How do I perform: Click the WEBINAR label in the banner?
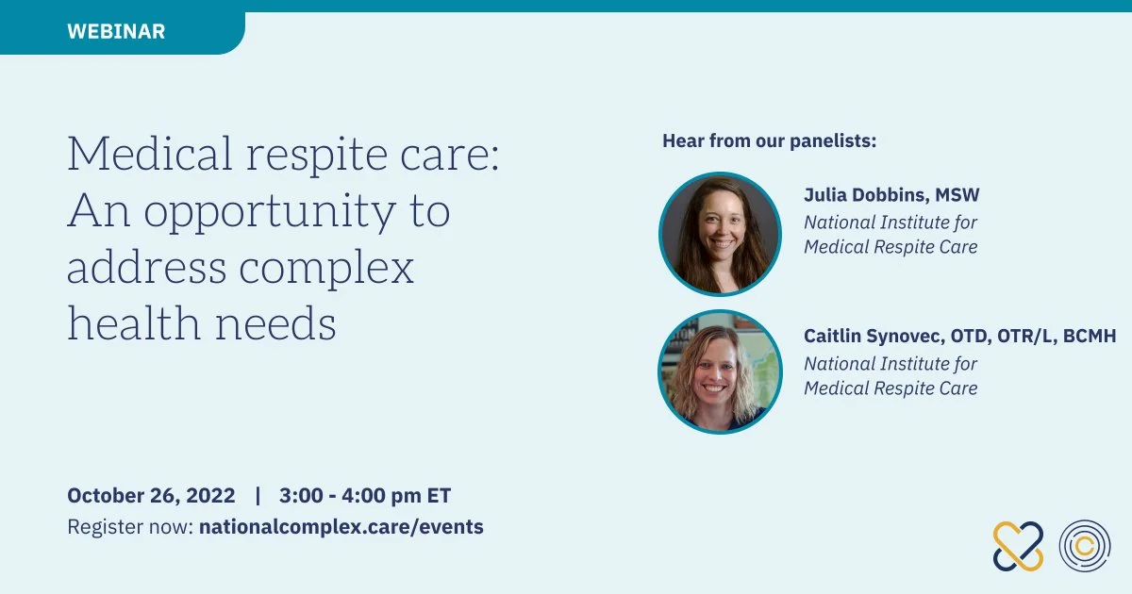coord(116,31)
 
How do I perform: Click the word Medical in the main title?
coord(150,153)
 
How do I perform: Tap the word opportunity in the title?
coord(271,212)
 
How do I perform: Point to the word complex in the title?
coord(326,269)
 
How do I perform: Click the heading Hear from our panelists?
coord(769,140)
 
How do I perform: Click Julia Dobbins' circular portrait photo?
coord(720,234)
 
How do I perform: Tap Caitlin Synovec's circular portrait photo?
coord(720,371)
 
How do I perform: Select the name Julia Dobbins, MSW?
coord(891,195)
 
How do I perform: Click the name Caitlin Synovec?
coord(873,336)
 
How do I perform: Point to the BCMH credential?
coord(1089,336)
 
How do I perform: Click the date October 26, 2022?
coord(151,496)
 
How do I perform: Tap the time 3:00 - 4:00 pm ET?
coord(365,496)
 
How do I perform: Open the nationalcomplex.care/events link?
coord(341,527)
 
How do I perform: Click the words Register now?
coord(130,527)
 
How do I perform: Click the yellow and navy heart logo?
coord(1018,547)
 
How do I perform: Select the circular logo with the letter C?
coord(1085,546)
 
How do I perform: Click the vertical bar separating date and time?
coord(258,496)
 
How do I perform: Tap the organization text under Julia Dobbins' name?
coord(891,235)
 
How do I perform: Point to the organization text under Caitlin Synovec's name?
coord(891,376)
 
